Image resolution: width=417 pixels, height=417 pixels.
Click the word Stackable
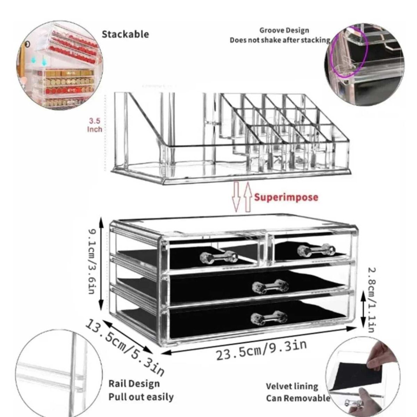tap(125, 34)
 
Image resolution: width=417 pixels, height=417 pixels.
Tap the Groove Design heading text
tap(284, 31)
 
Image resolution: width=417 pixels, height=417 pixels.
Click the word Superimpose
tap(286, 197)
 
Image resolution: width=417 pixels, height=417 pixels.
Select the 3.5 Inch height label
tap(95, 125)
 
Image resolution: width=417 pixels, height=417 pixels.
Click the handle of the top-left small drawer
tap(219, 257)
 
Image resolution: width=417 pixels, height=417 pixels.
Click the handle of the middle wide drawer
tap(270, 286)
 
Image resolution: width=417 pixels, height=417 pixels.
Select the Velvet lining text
tap(292, 386)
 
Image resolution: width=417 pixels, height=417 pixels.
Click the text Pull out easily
tap(141, 397)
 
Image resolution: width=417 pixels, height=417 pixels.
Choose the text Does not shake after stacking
tap(280, 40)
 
